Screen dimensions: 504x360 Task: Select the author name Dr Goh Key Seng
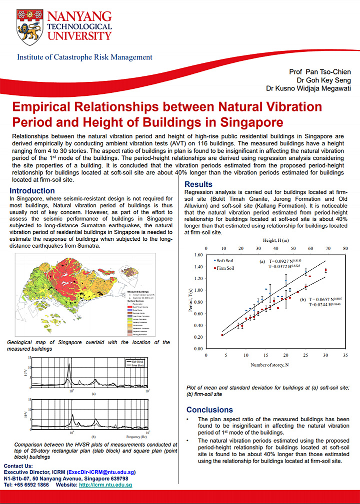tap(323, 80)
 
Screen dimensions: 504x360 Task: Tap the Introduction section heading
tap(32, 191)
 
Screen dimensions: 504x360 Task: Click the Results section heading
tap(198, 184)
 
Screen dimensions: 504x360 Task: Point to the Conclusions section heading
tap(209, 410)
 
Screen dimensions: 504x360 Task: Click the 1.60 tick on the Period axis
tap(198, 255)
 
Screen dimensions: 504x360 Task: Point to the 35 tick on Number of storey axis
tap(345, 355)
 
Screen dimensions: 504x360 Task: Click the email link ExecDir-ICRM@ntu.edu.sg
tap(100, 472)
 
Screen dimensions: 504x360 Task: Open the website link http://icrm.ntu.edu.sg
tap(105, 485)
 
